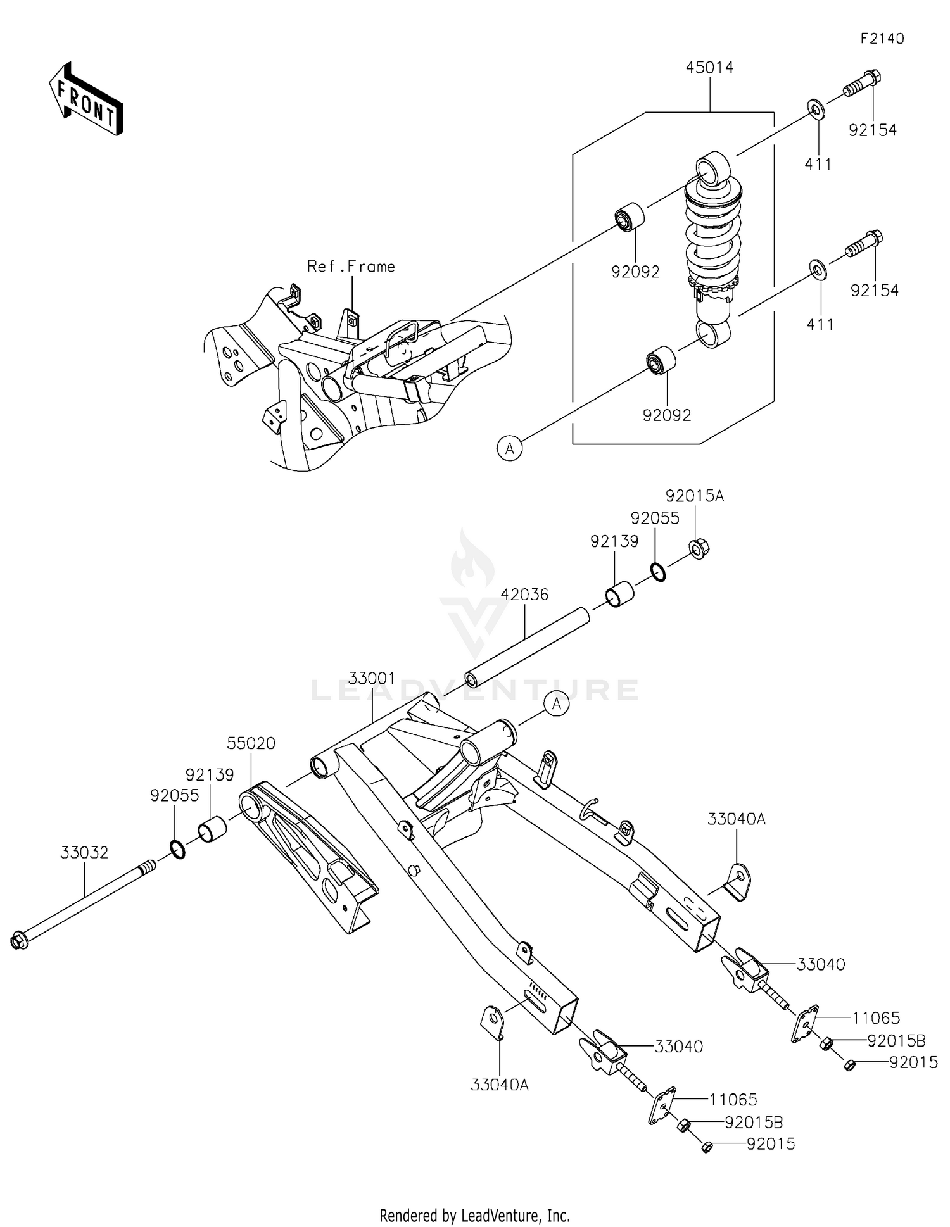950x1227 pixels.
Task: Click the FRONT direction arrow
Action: [x=85, y=100]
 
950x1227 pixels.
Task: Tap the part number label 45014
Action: [x=709, y=68]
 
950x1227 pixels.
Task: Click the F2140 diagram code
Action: [x=882, y=39]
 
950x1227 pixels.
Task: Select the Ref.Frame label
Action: [x=351, y=267]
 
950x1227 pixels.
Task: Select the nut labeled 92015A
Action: [x=699, y=548]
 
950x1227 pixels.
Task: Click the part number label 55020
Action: [x=251, y=743]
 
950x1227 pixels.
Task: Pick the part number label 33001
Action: [x=372, y=678]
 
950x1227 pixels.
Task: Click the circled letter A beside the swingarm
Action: [x=557, y=703]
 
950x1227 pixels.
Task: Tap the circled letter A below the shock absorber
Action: [x=509, y=448]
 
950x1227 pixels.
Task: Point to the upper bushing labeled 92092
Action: [x=631, y=217]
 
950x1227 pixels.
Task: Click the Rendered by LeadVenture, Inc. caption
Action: [x=474, y=1215]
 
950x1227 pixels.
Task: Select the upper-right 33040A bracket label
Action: [x=736, y=819]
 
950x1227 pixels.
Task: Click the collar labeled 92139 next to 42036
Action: [x=620, y=594]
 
